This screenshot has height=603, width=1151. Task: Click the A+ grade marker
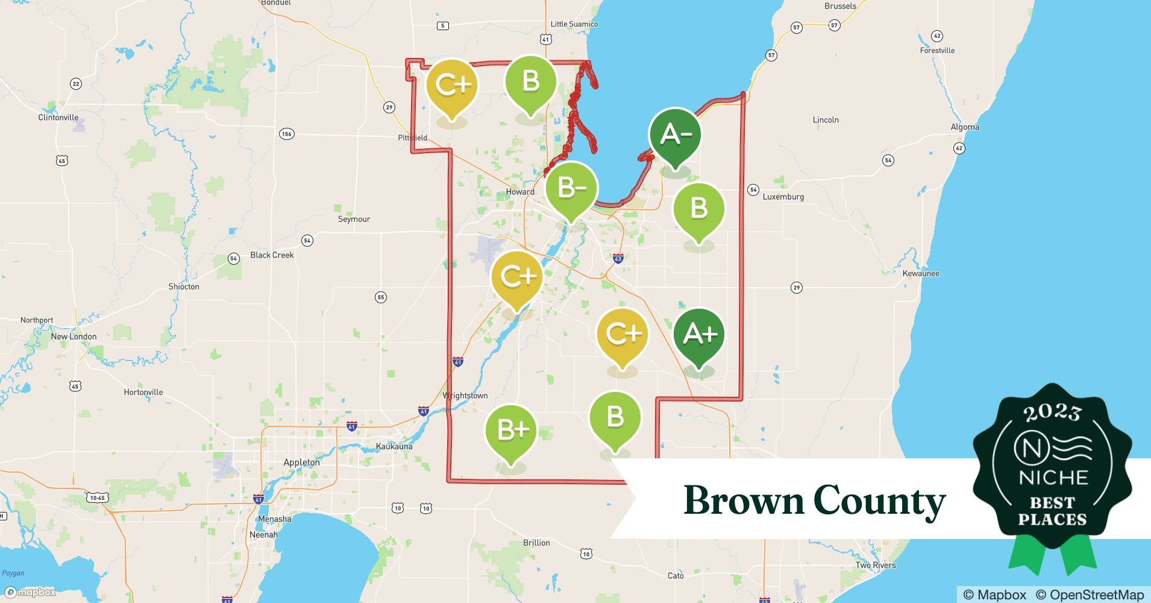point(698,334)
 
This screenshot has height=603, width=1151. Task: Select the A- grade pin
point(675,134)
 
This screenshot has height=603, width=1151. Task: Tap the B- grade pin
point(571,188)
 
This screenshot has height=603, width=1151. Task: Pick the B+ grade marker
point(511,430)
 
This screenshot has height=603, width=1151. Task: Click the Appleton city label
point(301,463)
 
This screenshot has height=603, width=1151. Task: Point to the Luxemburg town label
point(783,197)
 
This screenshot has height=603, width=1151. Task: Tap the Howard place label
point(520,192)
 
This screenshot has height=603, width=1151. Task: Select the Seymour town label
point(354,219)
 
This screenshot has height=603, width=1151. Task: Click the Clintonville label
point(58,118)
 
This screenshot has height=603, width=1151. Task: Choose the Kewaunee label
point(921,273)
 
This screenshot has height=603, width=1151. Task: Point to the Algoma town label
point(965,127)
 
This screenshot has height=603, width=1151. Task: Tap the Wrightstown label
point(465,396)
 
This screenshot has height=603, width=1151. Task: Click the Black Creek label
point(272,255)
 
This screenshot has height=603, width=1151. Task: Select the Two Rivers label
point(876,565)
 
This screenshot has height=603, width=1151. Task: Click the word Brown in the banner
point(744,500)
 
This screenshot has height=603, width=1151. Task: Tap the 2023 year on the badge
point(1052,412)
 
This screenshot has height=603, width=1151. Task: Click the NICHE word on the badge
point(1053,478)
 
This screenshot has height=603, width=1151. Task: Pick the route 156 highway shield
point(287,133)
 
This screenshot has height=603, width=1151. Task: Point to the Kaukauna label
point(394,446)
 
